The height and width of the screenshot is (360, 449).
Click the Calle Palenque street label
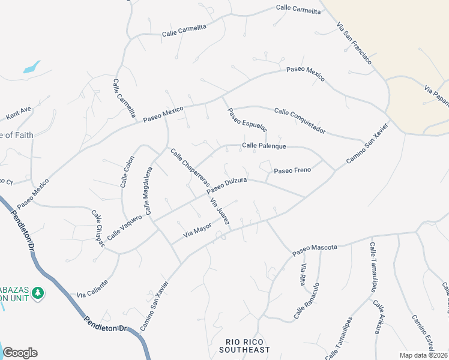coord(264,146)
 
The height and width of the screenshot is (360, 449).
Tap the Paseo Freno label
coord(292,170)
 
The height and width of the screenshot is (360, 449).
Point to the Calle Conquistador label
coord(300,121)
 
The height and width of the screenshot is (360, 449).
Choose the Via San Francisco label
coord(354,44)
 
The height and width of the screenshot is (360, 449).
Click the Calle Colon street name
coord(127,172)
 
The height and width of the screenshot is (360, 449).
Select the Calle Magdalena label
coord(148,191)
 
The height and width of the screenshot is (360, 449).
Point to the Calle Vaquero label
coord(124,228)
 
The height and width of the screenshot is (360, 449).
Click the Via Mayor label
coord(197,229)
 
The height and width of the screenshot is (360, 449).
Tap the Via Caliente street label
coord(92,289)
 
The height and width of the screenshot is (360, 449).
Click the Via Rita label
coord(304,274)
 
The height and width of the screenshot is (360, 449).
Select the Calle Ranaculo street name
coord(307,301)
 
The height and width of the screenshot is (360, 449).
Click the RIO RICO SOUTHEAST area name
coord(244,346)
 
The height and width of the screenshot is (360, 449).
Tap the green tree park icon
coord(38,292)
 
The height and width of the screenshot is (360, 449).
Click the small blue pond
coord(32,67)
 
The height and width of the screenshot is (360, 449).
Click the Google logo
coord(20,353)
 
